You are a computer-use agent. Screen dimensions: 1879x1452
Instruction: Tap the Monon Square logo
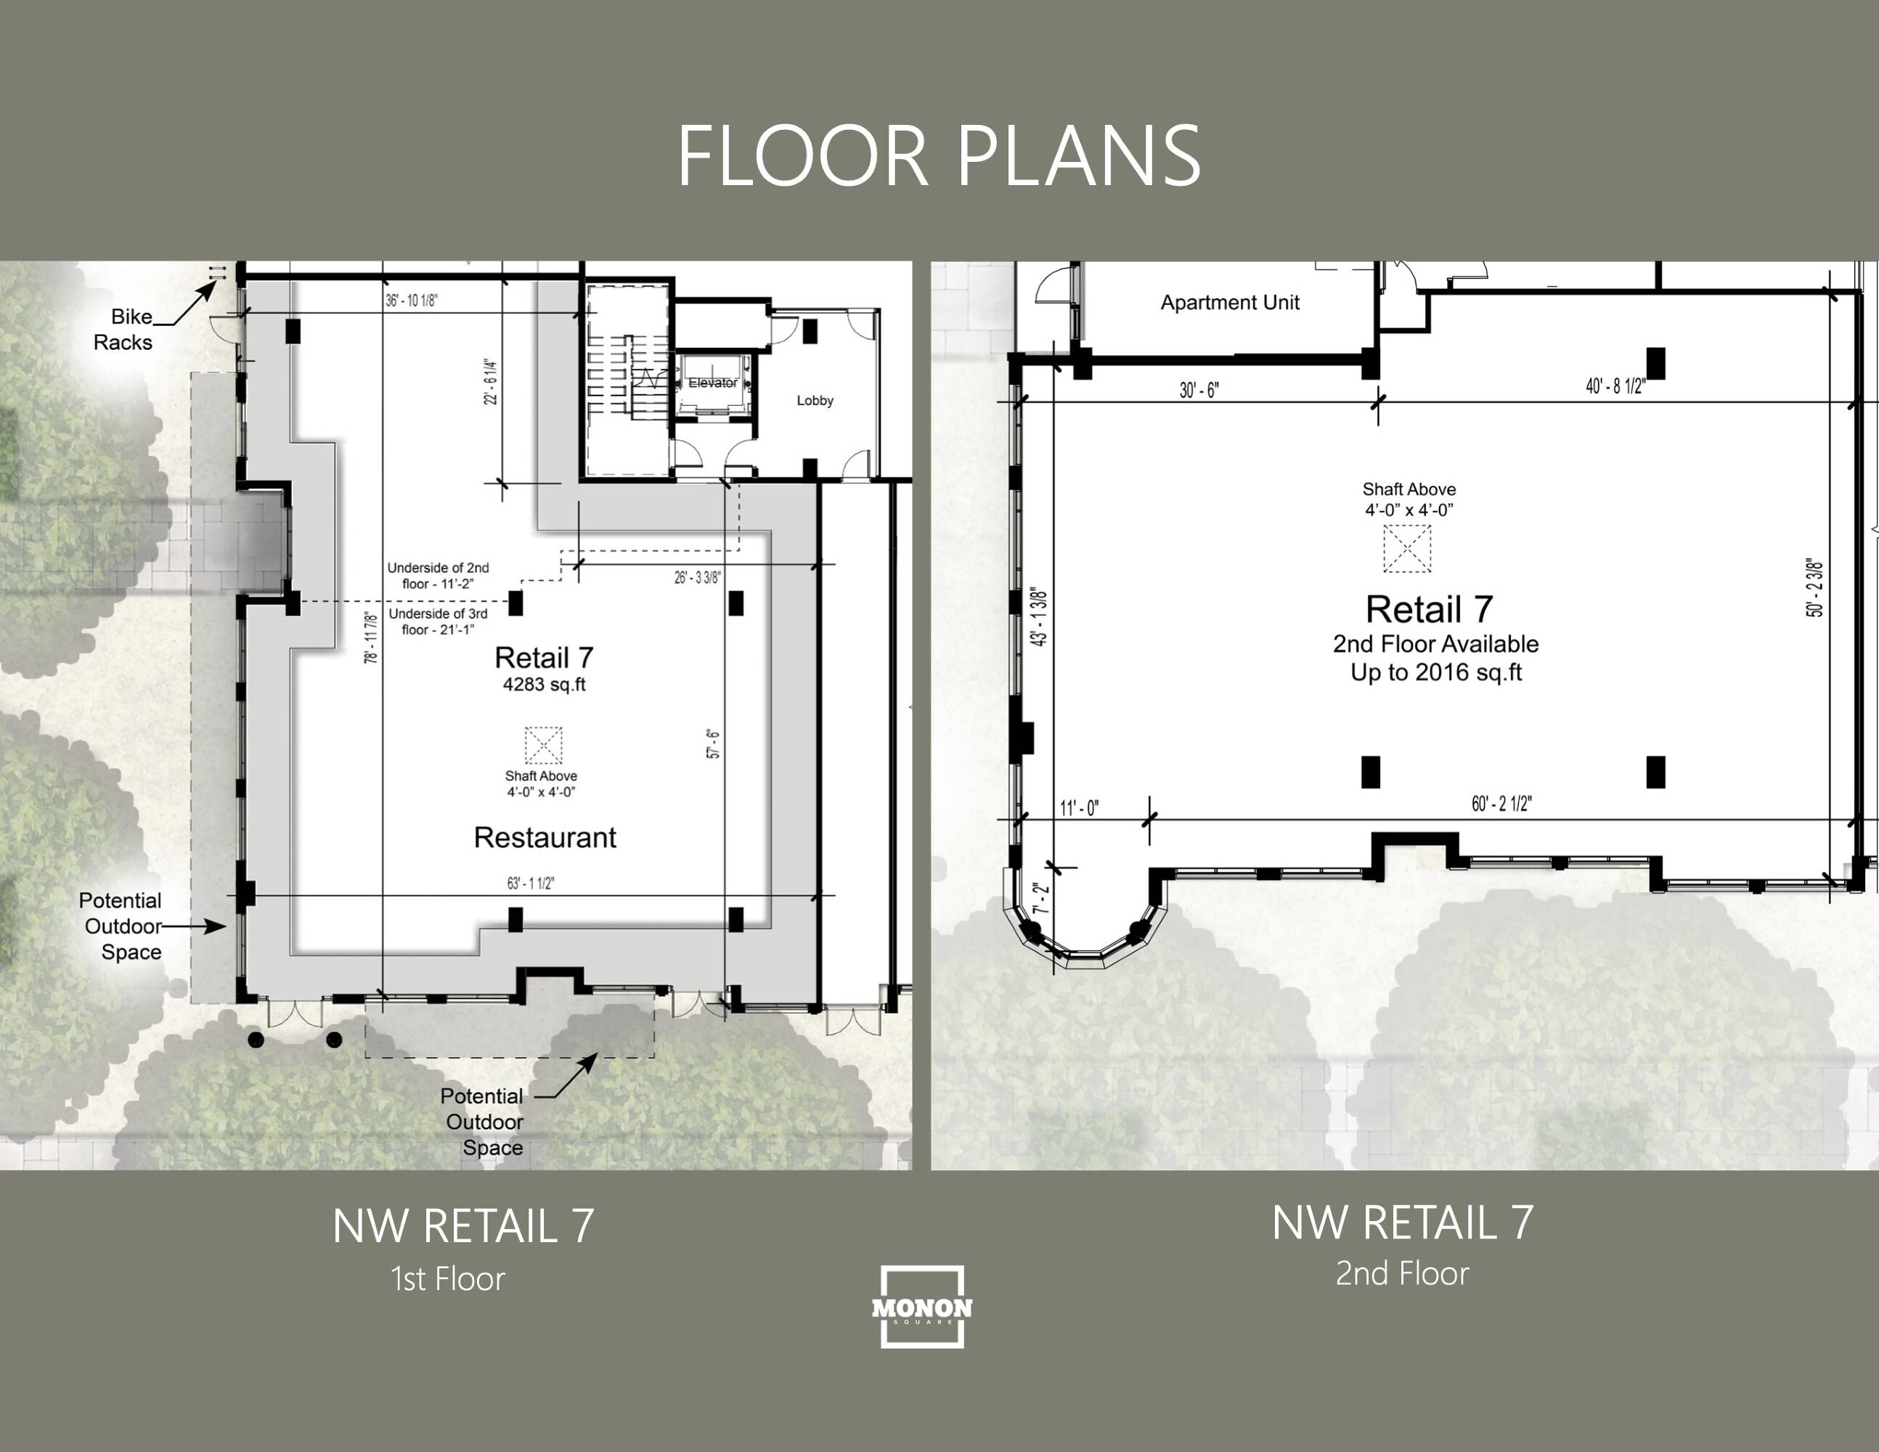point(921,1306)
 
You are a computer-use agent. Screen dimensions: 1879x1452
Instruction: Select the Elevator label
point(712,383)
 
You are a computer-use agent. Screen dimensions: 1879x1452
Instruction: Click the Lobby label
point(815,400)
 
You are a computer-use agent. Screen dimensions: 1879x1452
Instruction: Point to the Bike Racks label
point(123,330)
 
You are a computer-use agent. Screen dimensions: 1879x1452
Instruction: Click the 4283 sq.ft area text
point(544,685)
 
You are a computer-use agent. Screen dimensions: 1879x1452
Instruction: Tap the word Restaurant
point(545,837)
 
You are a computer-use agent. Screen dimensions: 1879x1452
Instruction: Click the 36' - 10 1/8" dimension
point(411,301)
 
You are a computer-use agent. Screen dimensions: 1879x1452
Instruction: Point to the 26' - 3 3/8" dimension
point(698,577)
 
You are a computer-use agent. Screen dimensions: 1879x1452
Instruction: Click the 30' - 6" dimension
point(1199,391)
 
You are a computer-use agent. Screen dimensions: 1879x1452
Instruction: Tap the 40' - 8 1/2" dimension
point(1615,386)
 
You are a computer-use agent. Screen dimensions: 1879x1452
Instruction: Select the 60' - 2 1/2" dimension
point(1501,804)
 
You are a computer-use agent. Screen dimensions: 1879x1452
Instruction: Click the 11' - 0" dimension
point(1079,809)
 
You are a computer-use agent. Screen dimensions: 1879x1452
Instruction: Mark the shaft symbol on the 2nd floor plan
point(1406,549)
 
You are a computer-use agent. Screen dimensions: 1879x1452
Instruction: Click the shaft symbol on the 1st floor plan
point(544,745)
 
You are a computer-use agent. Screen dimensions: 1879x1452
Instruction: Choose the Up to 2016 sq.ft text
point(1436,673)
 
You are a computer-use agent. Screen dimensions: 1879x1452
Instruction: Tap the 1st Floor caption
point(447,1279)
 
